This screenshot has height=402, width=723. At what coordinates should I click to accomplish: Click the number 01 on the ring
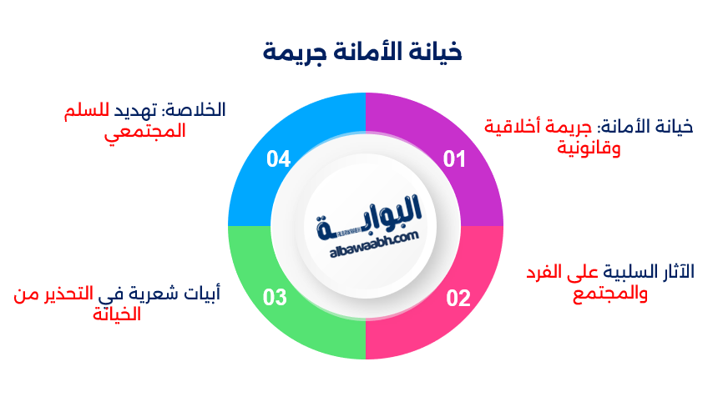pyautogui.click(x=453, y=158)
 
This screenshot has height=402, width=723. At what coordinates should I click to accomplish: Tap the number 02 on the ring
pyautogui.click(x=458, y=298)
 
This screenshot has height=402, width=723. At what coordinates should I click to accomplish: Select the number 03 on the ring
pyautogui.click(x=276, y=298)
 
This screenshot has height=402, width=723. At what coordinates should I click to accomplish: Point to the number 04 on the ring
pyautogui.click(x=278, y=158)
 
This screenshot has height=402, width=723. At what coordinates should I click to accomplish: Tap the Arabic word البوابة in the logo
pyautogui.click(x=372, y=215)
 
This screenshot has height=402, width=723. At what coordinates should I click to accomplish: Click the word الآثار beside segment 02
pyautogui.click(x=677, y=272)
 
